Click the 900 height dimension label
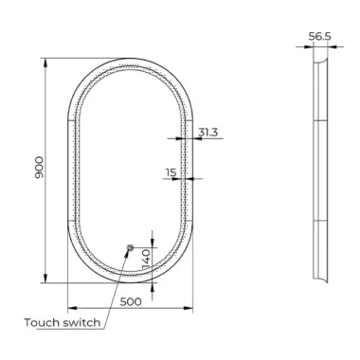point(40,167)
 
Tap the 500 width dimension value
point(131,302)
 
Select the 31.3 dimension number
point(208,132)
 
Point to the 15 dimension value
point(171,172)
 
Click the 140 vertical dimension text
point(147,259)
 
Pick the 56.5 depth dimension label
point(319,36)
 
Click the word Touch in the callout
point(42,323)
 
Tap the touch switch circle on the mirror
point(130,247)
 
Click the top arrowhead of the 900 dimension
point(45,63)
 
